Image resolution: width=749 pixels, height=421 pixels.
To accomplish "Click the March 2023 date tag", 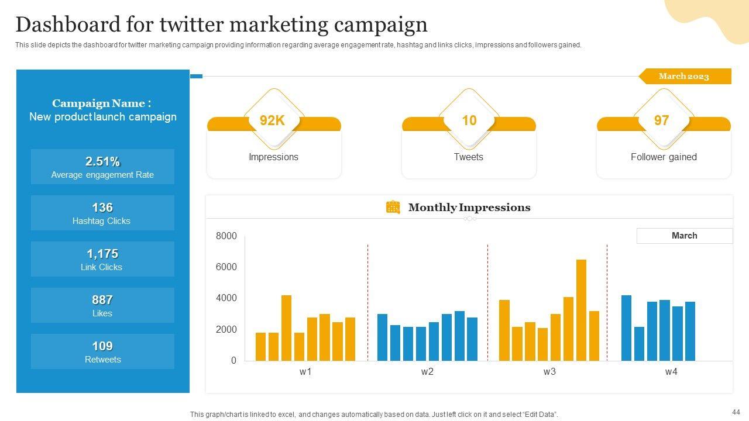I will [x=683, y=77].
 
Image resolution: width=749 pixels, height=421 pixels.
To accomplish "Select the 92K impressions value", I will [x=272, y=120].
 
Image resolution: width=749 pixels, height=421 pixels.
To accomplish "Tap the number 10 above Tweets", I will [x=469, y=120].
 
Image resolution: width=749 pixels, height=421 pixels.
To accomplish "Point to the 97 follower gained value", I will [x=661, y=120].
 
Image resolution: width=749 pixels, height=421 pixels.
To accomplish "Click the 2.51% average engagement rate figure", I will [x=102, y=161].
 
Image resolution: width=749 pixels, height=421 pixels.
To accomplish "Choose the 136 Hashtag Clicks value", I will [x=102, y=208].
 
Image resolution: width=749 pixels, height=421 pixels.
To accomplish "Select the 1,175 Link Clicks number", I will [x=102, y=254].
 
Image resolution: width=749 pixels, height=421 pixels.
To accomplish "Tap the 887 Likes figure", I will [x=102, y=300].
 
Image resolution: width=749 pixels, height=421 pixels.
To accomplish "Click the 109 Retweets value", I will [x=102, y=346].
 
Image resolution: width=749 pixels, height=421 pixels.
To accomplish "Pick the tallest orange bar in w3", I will [x=581, y=310].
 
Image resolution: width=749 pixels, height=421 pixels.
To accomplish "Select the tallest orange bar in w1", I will [x=286, y=327].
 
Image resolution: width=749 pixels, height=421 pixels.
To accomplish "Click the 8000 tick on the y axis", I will [x=226, y=236].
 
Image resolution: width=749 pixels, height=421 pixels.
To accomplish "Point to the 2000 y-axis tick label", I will [x=226, y=330].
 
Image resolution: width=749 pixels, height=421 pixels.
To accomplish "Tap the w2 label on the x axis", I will [x=427, y=372].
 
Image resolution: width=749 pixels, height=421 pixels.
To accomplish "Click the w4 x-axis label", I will [x=671, y=372].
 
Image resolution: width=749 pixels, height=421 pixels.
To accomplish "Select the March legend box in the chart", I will [x=684, y=236].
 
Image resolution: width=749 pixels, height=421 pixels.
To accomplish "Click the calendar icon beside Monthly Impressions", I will [x=393, y=207].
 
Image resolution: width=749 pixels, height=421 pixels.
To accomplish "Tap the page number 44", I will [x=736, y=412].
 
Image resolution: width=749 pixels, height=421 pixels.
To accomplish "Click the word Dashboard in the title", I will [x=67, y=25].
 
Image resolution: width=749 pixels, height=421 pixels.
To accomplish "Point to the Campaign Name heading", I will [x=102, y=103].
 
